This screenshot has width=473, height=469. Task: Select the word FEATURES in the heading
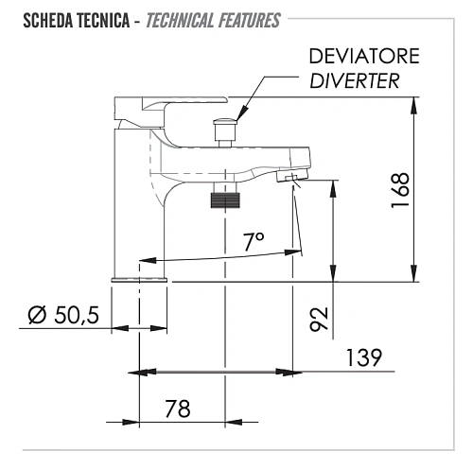[x=249, y=21]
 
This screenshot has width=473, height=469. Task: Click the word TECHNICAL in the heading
[x=180, y=21]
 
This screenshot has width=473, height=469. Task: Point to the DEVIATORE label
[x=364, y=56]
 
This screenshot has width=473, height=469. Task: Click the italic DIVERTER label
[x=355, y=80]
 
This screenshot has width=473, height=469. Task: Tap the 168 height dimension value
[x=400, y=190]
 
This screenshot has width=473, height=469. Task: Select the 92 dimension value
[x=319, y=319]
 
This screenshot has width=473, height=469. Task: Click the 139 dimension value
[x=364, y=357]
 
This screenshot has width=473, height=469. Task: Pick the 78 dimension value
[x=178, y=408]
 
